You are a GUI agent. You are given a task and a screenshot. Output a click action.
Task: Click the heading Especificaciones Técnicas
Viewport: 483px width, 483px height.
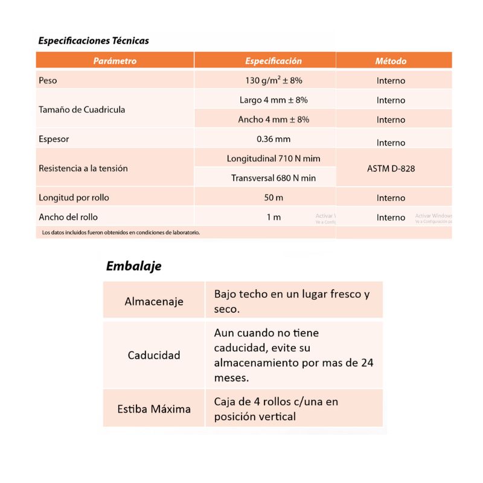94,41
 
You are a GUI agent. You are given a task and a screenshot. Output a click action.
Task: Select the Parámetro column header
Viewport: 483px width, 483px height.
115,61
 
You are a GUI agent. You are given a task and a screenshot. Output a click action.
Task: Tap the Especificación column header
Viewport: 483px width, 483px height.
273,61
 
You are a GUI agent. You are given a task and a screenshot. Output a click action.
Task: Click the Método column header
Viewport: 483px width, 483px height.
391,61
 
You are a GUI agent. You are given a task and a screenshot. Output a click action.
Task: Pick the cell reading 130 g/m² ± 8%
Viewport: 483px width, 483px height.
273,80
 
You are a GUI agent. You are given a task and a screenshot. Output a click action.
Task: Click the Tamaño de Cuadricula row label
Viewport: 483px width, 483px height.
82,110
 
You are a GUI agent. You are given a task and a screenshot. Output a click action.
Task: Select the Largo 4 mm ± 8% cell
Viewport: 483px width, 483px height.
273,100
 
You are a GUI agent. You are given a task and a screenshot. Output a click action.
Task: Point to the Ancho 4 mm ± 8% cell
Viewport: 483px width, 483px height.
273,120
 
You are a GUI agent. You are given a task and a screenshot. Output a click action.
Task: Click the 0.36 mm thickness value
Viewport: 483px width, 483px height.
273,139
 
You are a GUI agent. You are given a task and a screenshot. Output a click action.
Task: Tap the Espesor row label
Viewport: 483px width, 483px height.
54,139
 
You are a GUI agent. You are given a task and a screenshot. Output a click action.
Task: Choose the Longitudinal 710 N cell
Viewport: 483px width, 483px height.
273,159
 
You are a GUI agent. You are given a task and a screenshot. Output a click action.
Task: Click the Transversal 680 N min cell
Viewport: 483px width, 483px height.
273,178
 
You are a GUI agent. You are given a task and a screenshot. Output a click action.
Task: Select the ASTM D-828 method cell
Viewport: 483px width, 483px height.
391,168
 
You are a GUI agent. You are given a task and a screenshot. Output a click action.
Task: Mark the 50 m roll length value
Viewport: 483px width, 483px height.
273,198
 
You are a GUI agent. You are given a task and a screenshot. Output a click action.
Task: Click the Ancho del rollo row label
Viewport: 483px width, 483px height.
68,217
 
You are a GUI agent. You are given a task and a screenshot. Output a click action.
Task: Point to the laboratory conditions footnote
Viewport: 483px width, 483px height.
121,232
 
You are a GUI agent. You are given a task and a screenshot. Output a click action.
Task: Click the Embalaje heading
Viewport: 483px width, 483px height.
133,266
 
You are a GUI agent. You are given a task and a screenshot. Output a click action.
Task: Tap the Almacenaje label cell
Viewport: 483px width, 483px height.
154,301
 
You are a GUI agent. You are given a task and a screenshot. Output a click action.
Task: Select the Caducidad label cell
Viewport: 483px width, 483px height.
154,355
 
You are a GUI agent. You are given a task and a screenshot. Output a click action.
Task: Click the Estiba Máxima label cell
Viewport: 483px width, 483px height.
154,409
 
